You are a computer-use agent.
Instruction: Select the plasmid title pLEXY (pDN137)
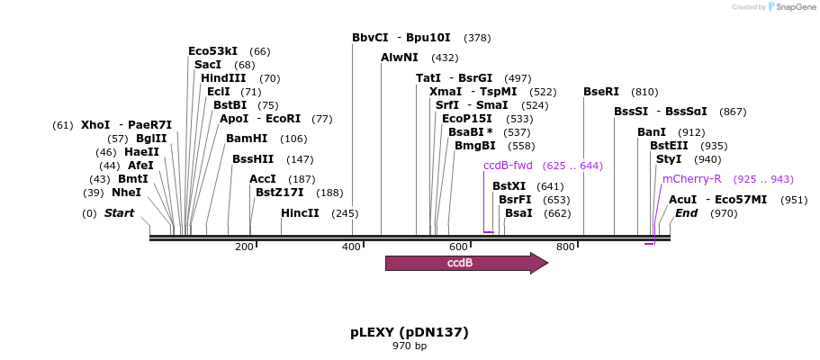tap(410, 332)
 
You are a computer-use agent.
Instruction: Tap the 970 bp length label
tap(410, 346)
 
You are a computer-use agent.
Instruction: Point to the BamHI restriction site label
tap(247, 139)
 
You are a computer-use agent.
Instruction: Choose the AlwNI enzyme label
tap(400, 57)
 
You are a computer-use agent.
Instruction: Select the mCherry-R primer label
tap(691, 179)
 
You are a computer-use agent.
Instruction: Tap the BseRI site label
tap(601, 92)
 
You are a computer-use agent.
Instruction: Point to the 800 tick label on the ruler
tap(565, 247)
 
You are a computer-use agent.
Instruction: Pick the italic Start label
tap(119, 213)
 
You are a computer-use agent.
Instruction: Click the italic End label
tap(686, 213)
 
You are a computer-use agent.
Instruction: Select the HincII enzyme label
tap(300, 213)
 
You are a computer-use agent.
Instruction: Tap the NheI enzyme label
tap(126, 193)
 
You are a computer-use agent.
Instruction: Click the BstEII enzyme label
tap(669, 146)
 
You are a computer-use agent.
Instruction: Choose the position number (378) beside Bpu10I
tap(477, 38)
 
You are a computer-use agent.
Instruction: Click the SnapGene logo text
tap(791, 7)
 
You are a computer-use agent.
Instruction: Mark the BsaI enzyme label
tap(518, 213)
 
